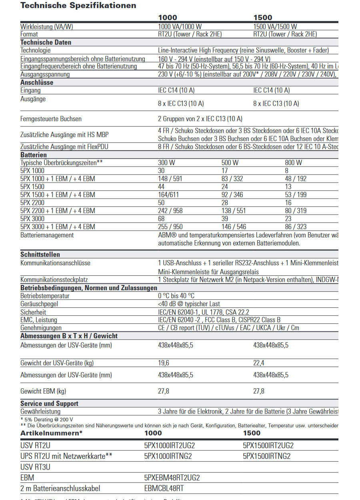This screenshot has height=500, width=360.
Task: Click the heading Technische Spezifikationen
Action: pos(78,6)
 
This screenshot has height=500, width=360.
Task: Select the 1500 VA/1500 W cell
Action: pos(275,26)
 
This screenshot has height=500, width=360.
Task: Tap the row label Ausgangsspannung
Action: pos(45,74)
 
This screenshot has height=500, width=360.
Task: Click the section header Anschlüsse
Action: pos(37,82)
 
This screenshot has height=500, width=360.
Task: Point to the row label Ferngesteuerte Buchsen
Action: pos(51,119)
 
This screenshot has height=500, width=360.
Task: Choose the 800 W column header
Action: pos(293,163)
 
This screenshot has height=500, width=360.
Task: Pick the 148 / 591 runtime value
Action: pos(170,179)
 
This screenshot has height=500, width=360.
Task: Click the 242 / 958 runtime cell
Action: pos(170,211)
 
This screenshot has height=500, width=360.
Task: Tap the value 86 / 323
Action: pos(296,227)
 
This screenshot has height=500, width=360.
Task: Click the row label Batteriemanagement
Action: pos(47,235)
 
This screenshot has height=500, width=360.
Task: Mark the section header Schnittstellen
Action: pos(40,255)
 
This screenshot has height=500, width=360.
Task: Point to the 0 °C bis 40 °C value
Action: pos(176,296)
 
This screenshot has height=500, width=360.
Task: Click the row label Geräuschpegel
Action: pos(39,304)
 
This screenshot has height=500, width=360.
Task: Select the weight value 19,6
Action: pos(164,363)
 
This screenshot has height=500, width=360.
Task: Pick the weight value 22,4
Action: pos(259,363)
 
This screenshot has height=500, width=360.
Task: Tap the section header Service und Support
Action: pos(49,404)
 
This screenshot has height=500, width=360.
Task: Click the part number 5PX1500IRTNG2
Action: pos(266,456)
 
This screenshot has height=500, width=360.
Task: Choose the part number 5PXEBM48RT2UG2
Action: pos(172,478)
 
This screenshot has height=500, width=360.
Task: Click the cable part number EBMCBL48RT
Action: pos(164,488)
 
